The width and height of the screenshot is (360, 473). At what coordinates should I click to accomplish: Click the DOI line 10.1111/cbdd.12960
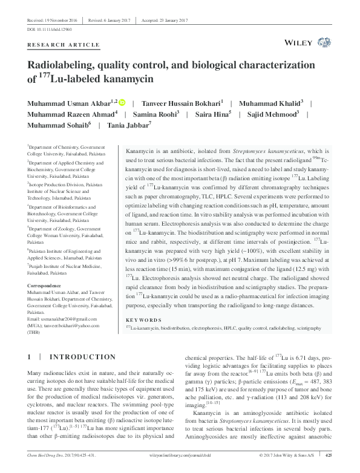pyautogui.click(x=50, y=28)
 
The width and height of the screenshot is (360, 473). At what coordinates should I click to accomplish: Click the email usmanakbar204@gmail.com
pyautogui.click(x=62, y=318)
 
